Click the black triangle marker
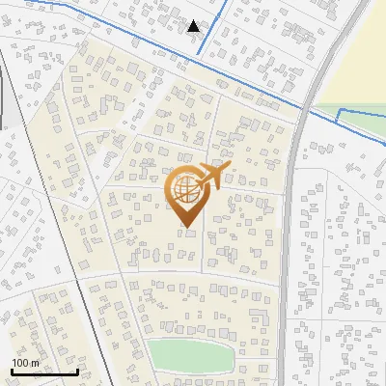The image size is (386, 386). point(195,25)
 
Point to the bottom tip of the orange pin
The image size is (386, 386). point(186,228)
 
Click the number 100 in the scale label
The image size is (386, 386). point(19,362)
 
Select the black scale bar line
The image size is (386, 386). point(43,372)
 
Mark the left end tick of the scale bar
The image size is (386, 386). point(11,370)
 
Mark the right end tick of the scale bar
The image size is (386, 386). point(77,370)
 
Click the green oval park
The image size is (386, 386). point(191,355)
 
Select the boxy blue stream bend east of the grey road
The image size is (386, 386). point(340,116)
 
